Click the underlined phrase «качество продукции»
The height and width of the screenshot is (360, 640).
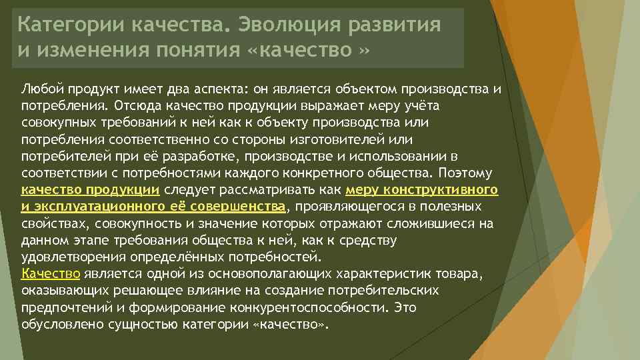pyautogui.click(x=90, y=190)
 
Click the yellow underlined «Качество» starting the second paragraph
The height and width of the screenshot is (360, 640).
pyautogui.click(x=51, y=273)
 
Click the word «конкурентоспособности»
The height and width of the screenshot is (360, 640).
pyautogui.click(x=309, y=307)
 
